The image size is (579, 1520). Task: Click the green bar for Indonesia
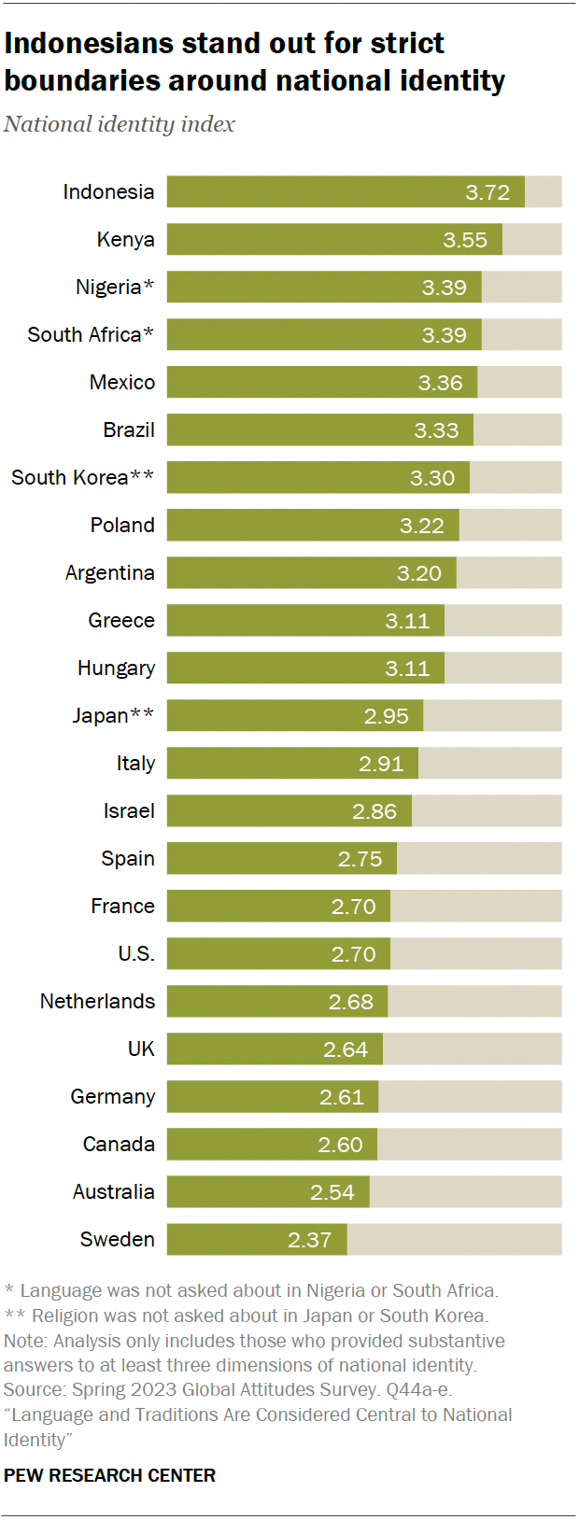(346, 192)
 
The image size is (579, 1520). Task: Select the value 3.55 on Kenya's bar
(465, 240)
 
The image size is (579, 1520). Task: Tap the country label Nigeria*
(115, 288)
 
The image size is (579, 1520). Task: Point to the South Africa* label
(91, 335)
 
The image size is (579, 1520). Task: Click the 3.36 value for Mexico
(441, 383)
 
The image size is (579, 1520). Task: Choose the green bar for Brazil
(319, 430)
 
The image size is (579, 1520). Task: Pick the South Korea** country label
(82, 478)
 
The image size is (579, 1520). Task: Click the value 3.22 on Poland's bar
(422, 526)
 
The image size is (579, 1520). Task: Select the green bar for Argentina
(311, 573)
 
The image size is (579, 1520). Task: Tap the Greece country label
(121, 621)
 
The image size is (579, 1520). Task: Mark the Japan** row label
(113, 716)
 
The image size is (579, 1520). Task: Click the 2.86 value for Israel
(374, 811)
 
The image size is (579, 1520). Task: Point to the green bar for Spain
(281, 859)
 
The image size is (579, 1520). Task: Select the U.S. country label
(136, 954)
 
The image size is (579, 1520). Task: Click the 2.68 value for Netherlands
(351, 1002)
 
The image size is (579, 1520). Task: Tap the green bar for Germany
(272, 1097)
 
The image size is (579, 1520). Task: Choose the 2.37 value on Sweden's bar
(310, 1240)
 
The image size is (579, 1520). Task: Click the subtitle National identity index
(120, 124)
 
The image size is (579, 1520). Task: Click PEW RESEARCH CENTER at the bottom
(109, 1475)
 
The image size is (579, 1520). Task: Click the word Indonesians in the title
(89, 44)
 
